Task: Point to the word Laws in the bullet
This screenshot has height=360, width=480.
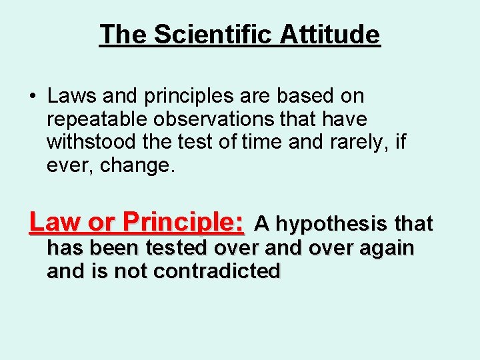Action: pyautogui.click(x=70, y=96)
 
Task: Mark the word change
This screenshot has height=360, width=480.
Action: pyautogui.click(x=137, y=165)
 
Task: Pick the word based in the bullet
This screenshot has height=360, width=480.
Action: pyautogui.click(x=304, y=96)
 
